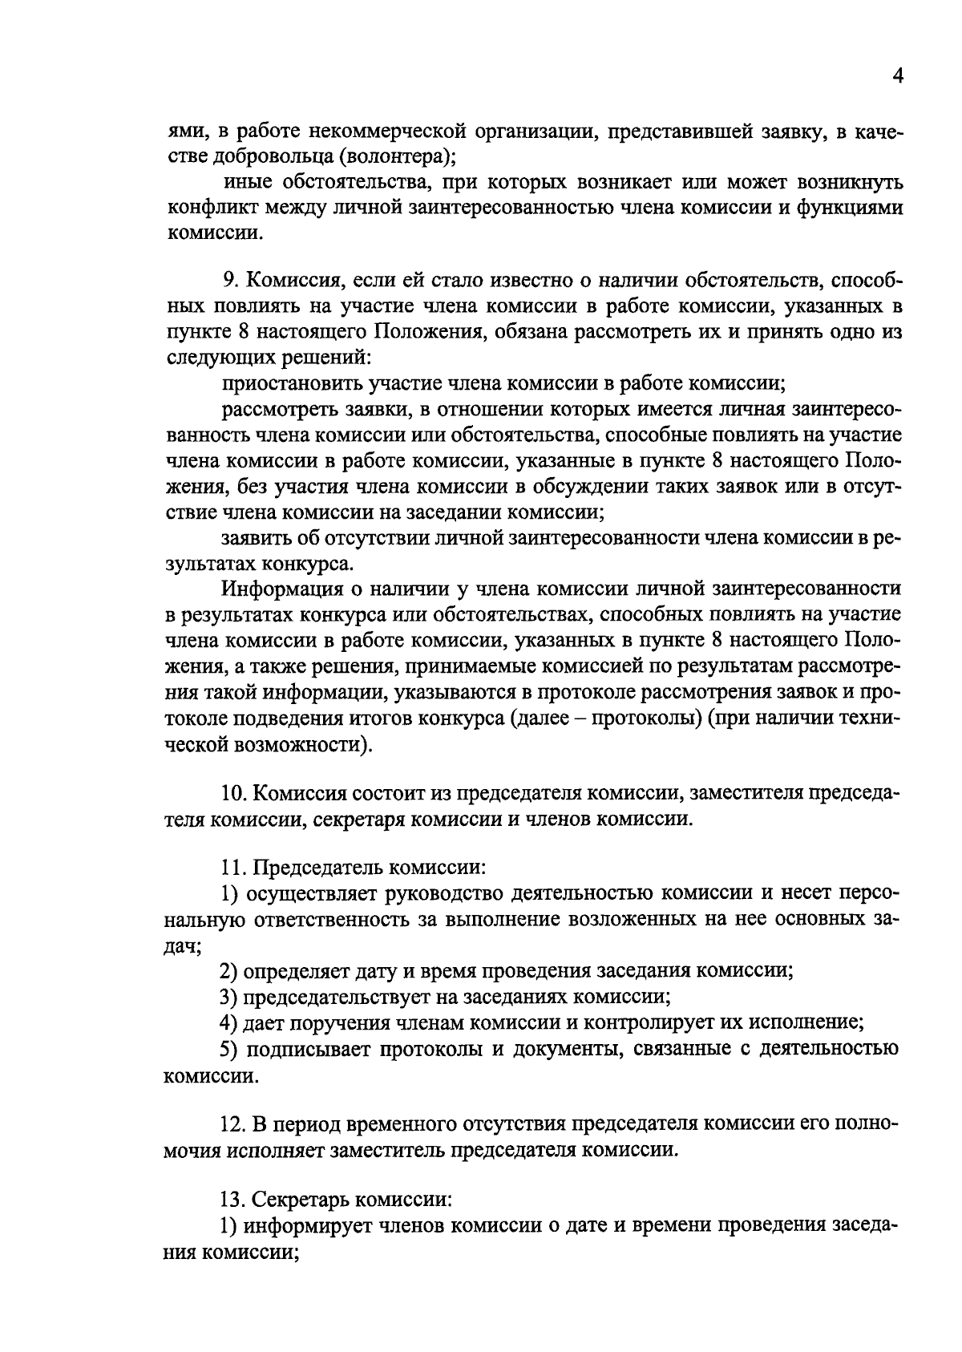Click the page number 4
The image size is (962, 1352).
897,77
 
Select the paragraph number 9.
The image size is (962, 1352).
228,281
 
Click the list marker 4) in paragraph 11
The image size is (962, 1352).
228,1022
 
